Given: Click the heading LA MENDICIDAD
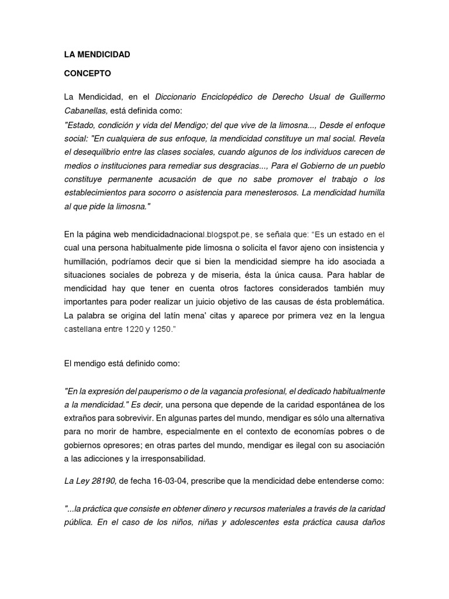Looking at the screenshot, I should (97, 54).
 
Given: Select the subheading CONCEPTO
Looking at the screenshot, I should (87, 74).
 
